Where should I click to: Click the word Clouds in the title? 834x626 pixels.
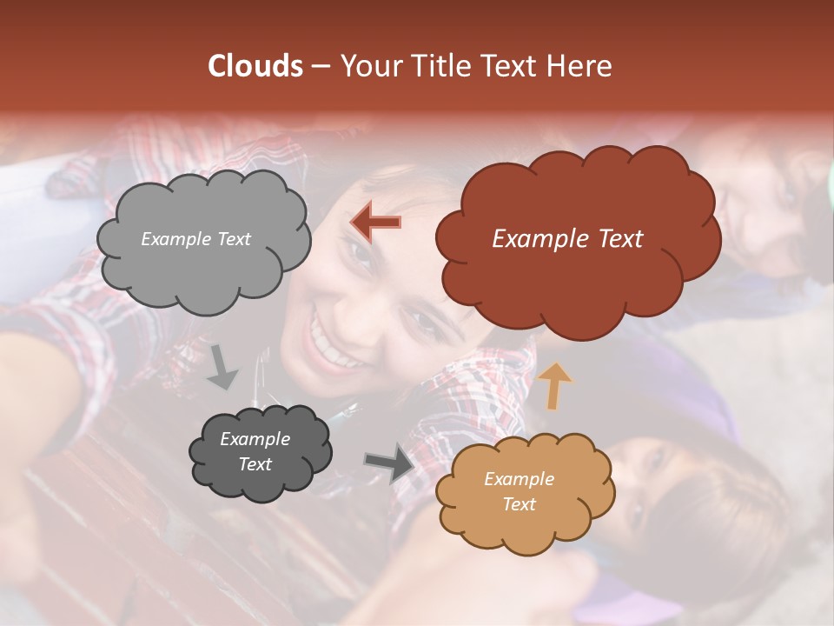(255, 66)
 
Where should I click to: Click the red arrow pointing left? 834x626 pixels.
(375, 223)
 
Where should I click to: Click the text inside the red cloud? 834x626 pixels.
(567, 239)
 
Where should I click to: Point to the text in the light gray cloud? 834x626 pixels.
(195, 239)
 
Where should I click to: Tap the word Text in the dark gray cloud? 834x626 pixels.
(255, 464)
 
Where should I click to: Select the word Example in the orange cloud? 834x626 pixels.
(519, 479)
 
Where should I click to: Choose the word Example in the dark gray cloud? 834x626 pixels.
(255, 439)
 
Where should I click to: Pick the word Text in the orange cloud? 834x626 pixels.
(519, 504)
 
